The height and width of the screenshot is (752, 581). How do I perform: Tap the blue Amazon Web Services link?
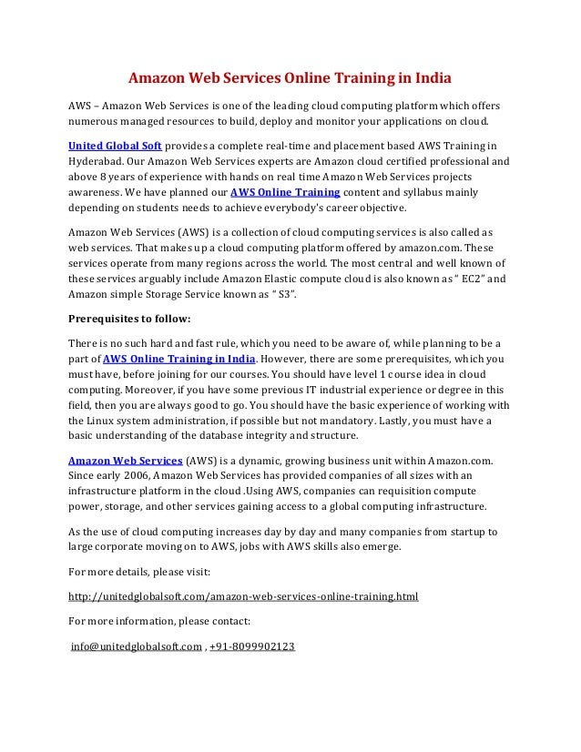coord(127,460)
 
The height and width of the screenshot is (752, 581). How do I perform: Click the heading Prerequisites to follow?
coord(129,319)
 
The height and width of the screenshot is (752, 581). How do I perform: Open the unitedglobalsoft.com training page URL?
coord(243,597)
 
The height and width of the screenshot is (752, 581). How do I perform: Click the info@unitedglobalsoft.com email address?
coord(136,647)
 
